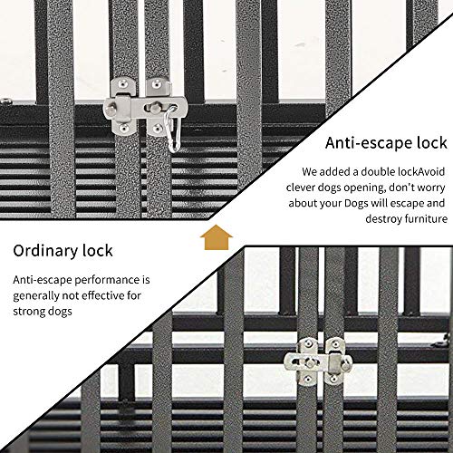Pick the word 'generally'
[x=39, y=295]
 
